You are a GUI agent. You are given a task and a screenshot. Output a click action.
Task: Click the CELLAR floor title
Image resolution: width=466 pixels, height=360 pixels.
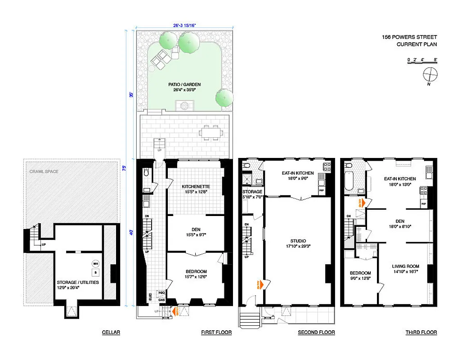pyautogui.click(x=111, y=333)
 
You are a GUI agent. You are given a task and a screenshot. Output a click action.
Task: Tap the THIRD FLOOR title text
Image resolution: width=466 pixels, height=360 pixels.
pyautogui.click(x=421, y=333)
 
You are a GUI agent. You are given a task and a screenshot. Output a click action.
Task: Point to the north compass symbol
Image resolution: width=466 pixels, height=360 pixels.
pyautogui.click(x=430, y=74)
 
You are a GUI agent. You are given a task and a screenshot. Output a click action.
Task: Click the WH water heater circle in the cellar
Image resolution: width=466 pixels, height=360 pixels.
pyautogui.click(x=95, y=264)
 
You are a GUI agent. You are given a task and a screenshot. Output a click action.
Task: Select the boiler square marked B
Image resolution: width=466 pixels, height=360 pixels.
pyautogui.click(x=95, y=272)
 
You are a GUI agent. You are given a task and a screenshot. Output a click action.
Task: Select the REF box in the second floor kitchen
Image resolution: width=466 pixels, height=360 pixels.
pyautogui.click(x=322, y=190)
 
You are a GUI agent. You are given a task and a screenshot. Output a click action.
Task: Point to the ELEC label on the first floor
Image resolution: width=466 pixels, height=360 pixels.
pyautogui.click(x=151, y=297)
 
